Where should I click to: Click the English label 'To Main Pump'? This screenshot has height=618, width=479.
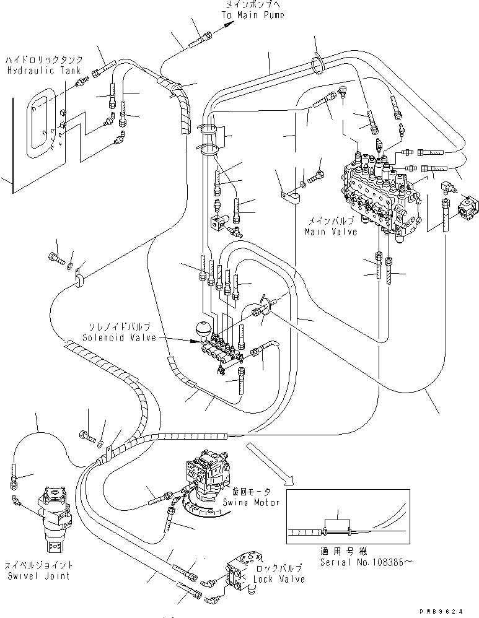click(x=250, y=14)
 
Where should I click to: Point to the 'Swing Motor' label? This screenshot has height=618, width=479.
click(x=252, y=502)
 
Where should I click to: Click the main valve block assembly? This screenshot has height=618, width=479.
click(x=378, y=192)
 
